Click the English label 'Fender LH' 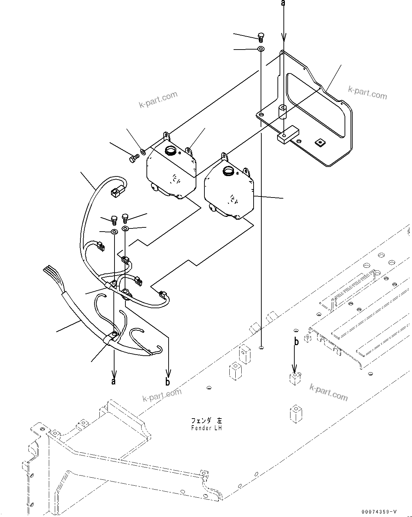pyautogui.click(x=207, y=428)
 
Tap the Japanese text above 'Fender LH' pyautogui.click(x=207, y=421)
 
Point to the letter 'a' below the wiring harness pyautogui.click(x=113, y=381)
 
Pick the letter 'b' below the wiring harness pyautogui.click(x=168, y=382)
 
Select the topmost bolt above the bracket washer pyautogui.click(x=260, y=36)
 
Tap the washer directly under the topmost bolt pyautogui.click(x=261, y=49)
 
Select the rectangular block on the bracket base pyautogui.click(x=287, y=135)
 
